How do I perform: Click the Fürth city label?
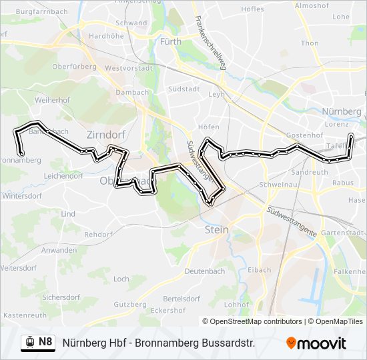[171, 41]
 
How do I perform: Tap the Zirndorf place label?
[102, 134]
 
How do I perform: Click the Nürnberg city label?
[341, 111]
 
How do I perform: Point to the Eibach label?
[259, 270]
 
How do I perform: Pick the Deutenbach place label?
[205, 271]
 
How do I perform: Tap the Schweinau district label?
[276, 183]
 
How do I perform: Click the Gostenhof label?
[300, 135]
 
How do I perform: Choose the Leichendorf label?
[63, 176]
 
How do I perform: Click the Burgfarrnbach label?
[37, 12]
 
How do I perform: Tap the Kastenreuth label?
[25, 315]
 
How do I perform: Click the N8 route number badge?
[45, 343]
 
